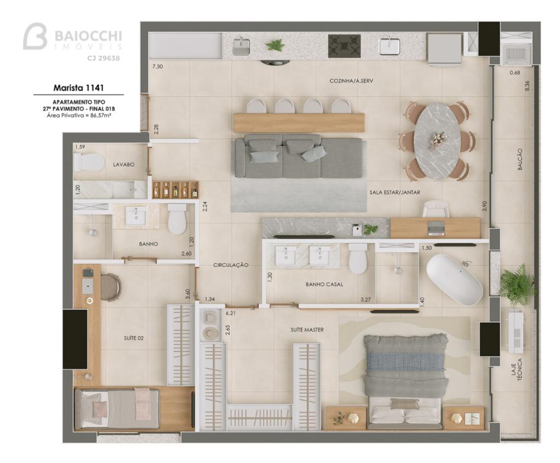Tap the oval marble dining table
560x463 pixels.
click(437, 141)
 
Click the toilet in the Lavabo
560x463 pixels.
click(88, 163)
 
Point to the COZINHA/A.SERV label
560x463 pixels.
click(351, 81)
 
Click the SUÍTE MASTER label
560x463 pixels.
click(307, 329)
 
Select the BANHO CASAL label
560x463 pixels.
click(324, 284)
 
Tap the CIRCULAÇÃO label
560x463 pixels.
click(231, 265)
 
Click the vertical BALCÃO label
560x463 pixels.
click(520, 159)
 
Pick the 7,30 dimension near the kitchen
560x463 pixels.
click(157, 66)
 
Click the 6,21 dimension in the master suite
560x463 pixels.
click(231, 313)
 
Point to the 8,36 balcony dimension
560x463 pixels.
click(528, 86)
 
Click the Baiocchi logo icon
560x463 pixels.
click(35, 36)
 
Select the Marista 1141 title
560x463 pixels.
click(78, 87)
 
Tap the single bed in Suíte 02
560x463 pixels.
click(117, 409)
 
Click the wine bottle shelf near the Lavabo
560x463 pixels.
click(176, 190)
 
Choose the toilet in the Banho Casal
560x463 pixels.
click(358, 259)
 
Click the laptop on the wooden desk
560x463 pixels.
click(436, 228)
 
